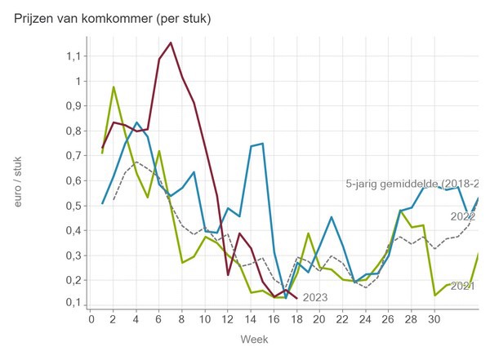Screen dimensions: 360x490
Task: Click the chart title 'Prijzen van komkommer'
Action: [113, 19]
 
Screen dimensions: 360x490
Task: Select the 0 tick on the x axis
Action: [91, 318]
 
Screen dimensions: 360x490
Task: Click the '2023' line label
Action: [314, 297]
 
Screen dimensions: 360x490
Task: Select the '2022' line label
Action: [462, 216]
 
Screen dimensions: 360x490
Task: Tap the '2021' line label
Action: [462, 286]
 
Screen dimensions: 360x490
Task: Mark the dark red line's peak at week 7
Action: [171, 42]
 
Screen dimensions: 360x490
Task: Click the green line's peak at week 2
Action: [114, 87]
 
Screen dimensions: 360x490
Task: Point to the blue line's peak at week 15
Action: [262, 144]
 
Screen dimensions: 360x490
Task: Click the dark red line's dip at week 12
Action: [228, 274]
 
